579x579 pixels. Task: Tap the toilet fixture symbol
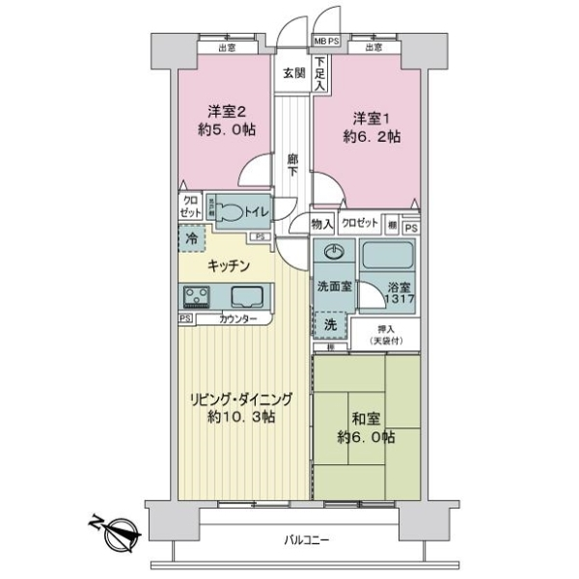tap(232, 209)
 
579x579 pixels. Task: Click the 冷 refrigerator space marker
tap(193, 236)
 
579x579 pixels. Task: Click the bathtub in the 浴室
tap(389, 256)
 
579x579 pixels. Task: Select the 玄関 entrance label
tap(293, 72)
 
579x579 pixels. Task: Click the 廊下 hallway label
tap(293, 166)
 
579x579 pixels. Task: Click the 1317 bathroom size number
tap(400, 300)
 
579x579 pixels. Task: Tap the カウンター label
tap(237, 318)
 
